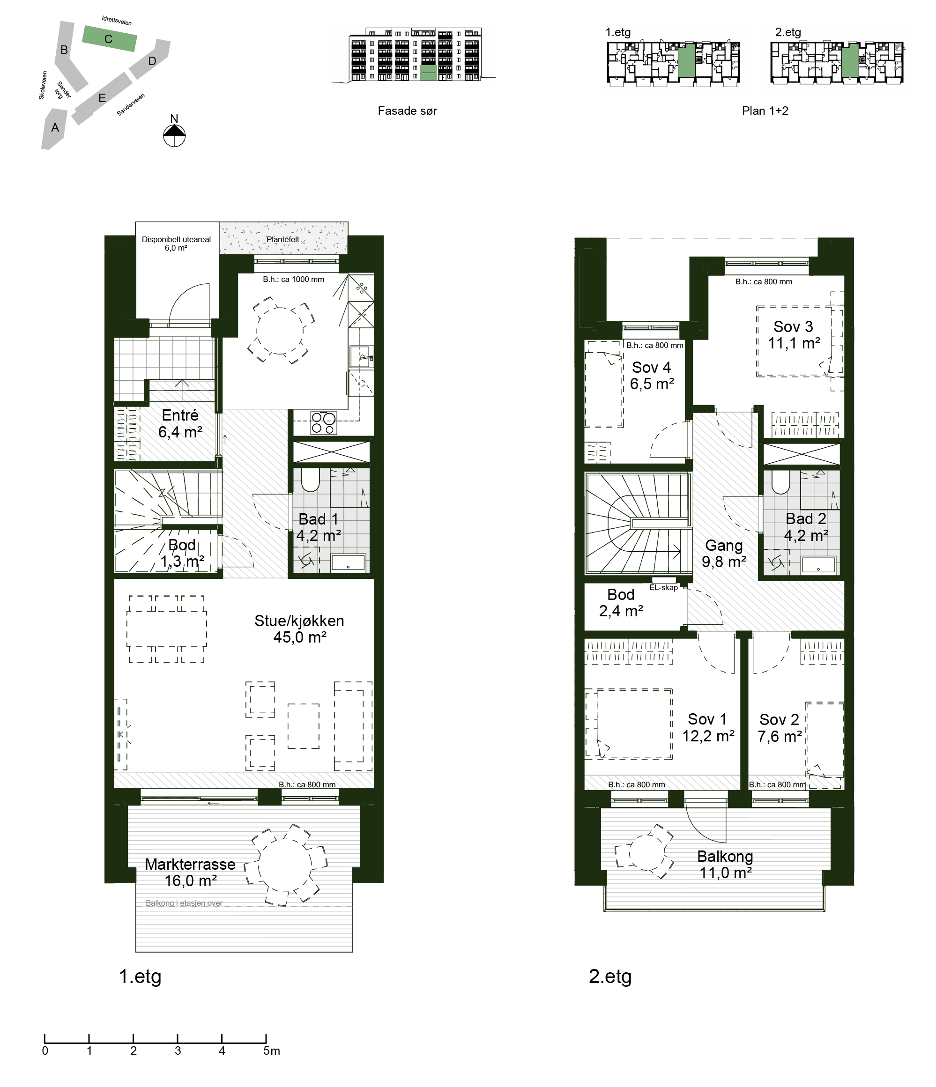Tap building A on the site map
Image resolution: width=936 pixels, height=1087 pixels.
53,128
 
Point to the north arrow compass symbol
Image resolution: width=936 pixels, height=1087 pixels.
175,135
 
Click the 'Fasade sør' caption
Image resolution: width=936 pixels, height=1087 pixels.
407,111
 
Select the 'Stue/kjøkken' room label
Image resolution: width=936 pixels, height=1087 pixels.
299,621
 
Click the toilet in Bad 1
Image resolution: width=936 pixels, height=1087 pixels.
311,480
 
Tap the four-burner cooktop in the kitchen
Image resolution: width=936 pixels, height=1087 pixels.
323,423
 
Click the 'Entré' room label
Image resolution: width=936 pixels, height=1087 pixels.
180,415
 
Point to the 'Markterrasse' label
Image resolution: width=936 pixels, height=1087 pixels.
190,864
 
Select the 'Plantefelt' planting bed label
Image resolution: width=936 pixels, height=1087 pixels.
283,239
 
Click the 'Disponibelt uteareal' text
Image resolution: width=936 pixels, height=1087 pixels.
176,239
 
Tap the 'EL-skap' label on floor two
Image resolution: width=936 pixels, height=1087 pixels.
663,588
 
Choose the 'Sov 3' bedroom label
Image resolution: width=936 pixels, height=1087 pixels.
793,326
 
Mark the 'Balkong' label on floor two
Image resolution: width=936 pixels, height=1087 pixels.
725,856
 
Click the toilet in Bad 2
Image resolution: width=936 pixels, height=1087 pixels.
780,481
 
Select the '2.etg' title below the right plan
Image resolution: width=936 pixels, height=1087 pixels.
610,976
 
